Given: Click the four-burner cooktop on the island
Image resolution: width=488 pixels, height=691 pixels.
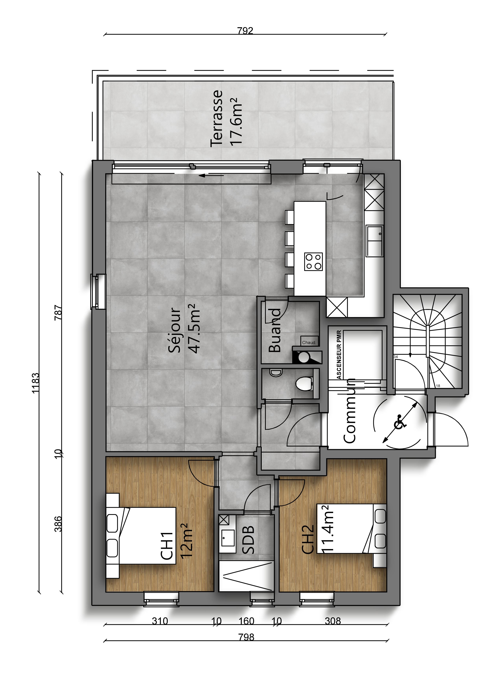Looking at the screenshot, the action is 313,262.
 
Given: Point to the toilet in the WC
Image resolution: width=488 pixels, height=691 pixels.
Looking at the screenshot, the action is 304,384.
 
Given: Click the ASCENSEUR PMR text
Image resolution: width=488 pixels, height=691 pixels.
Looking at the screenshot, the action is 339,355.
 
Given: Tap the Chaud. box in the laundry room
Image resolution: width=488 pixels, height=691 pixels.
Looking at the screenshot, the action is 309,341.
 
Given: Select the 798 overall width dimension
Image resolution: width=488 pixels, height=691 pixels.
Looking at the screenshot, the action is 246,637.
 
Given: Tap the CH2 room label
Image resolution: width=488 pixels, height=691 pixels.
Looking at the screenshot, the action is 308,539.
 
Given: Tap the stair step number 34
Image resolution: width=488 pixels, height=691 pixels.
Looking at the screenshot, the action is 396,357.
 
